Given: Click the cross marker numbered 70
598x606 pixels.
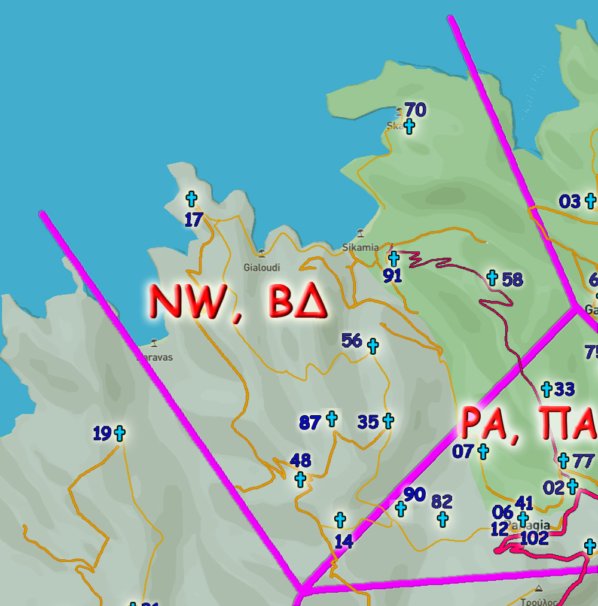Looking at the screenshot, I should click(409, 126).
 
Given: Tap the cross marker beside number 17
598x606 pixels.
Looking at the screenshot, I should click(191, 199).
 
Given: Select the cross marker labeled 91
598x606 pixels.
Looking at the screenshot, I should click(393, 259).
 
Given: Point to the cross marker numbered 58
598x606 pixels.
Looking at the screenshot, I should click(492, 277).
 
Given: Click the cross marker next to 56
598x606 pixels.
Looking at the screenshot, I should click(373, 346).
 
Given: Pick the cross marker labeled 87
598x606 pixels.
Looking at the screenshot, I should click(331, 419).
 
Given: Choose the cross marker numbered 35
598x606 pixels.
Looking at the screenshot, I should click(388, 421).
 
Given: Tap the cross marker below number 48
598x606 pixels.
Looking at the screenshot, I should click(300, 479).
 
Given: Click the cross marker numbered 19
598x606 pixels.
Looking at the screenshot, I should click(120, 433).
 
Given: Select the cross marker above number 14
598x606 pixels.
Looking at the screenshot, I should click(340, 519).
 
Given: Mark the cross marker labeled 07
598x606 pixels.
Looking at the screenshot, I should click(483, 452).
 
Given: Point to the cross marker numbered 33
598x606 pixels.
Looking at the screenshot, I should click(546, 389).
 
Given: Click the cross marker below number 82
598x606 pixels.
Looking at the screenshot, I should click(443, 519).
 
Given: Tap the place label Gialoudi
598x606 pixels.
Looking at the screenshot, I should click(261, 267).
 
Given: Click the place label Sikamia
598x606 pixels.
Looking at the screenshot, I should click(360, 247).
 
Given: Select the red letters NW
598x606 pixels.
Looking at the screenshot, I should click(193, 302).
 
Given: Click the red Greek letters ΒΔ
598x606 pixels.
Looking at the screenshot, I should click(298, 302).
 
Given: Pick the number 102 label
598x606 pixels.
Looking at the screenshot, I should click(534, 538).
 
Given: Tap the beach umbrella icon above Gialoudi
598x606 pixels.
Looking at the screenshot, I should click(261, 253).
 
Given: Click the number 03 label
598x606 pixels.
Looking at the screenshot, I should click(570, 202).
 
